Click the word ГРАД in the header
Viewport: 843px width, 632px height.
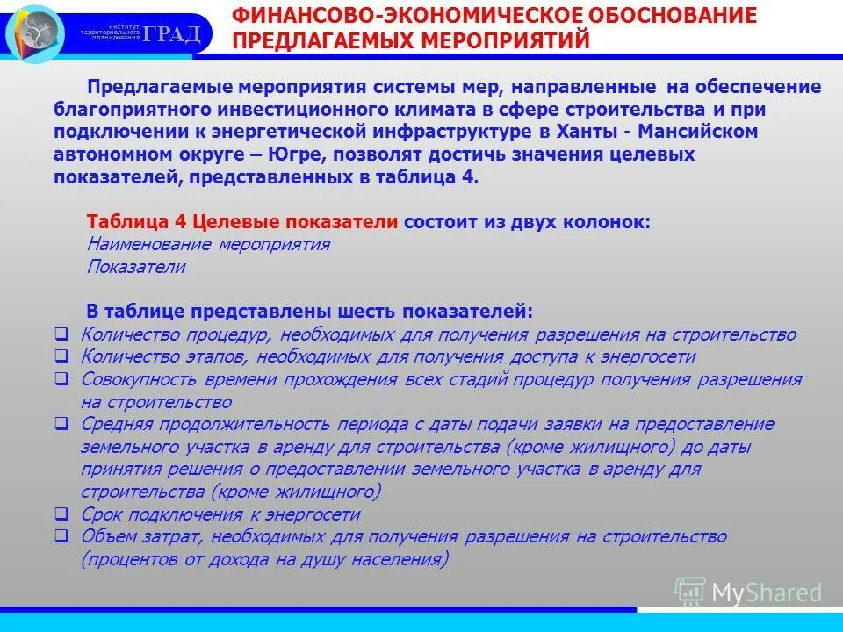click(x=172, y=34)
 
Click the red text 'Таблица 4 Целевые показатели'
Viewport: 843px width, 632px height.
click(x=243, y=222)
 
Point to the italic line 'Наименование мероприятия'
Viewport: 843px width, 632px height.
click(x=209, y=244)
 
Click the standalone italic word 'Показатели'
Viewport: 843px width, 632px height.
click(x=136, y=267)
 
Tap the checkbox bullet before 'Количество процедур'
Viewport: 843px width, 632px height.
click(x=61, y=334)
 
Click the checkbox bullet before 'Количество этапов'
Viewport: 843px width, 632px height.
click(x=61, y=356)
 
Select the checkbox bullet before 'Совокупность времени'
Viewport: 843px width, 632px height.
click(x=61, y=379)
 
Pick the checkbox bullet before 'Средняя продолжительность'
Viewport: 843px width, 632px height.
click(x=61, y=424)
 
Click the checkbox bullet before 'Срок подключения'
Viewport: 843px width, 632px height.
click(x=61, y=514)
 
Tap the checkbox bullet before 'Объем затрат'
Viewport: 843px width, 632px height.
click(x=61, y=536)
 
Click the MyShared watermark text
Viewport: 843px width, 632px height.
click(x=767, y=592)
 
